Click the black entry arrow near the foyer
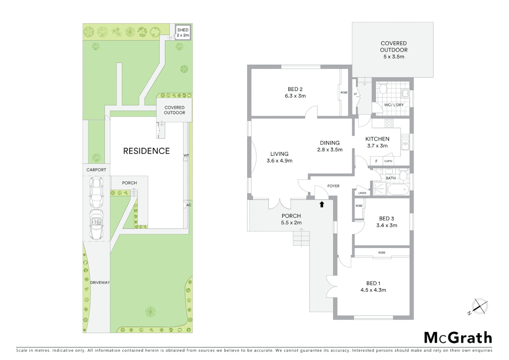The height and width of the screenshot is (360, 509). click(x=322, y=204)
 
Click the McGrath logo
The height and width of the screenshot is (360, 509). click(x=458, y=338)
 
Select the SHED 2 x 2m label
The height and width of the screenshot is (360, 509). click(x=183, y=32)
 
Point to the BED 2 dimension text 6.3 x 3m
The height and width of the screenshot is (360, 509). click(x=295, y=96)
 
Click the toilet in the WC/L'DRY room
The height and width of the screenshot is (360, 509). click(x=383, y=89)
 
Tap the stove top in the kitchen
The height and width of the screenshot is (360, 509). click(x=389, y=123)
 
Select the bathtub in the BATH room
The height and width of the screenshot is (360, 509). click(x=398, y=190)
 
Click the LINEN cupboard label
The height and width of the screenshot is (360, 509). click(x=362, y=193)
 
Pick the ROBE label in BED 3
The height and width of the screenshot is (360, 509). click(x=359, y=206)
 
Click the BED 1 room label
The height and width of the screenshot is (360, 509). click(x=373, y=283)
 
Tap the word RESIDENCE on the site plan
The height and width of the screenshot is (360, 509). click(x=146, y=151)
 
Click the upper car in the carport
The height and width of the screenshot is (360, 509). click(x=96, y=192)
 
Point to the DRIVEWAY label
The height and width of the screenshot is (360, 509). click(x=100, y=283)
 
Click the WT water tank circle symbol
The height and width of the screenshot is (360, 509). click(x=186, y=159)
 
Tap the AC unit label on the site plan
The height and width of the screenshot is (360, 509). click(x=189, y=205)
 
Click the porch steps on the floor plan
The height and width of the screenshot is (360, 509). click(x=301, y=239)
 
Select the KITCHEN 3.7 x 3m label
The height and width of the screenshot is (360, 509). click(x=377, y=142)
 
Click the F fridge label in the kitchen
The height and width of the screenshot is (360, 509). click(x=376, y=161)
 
